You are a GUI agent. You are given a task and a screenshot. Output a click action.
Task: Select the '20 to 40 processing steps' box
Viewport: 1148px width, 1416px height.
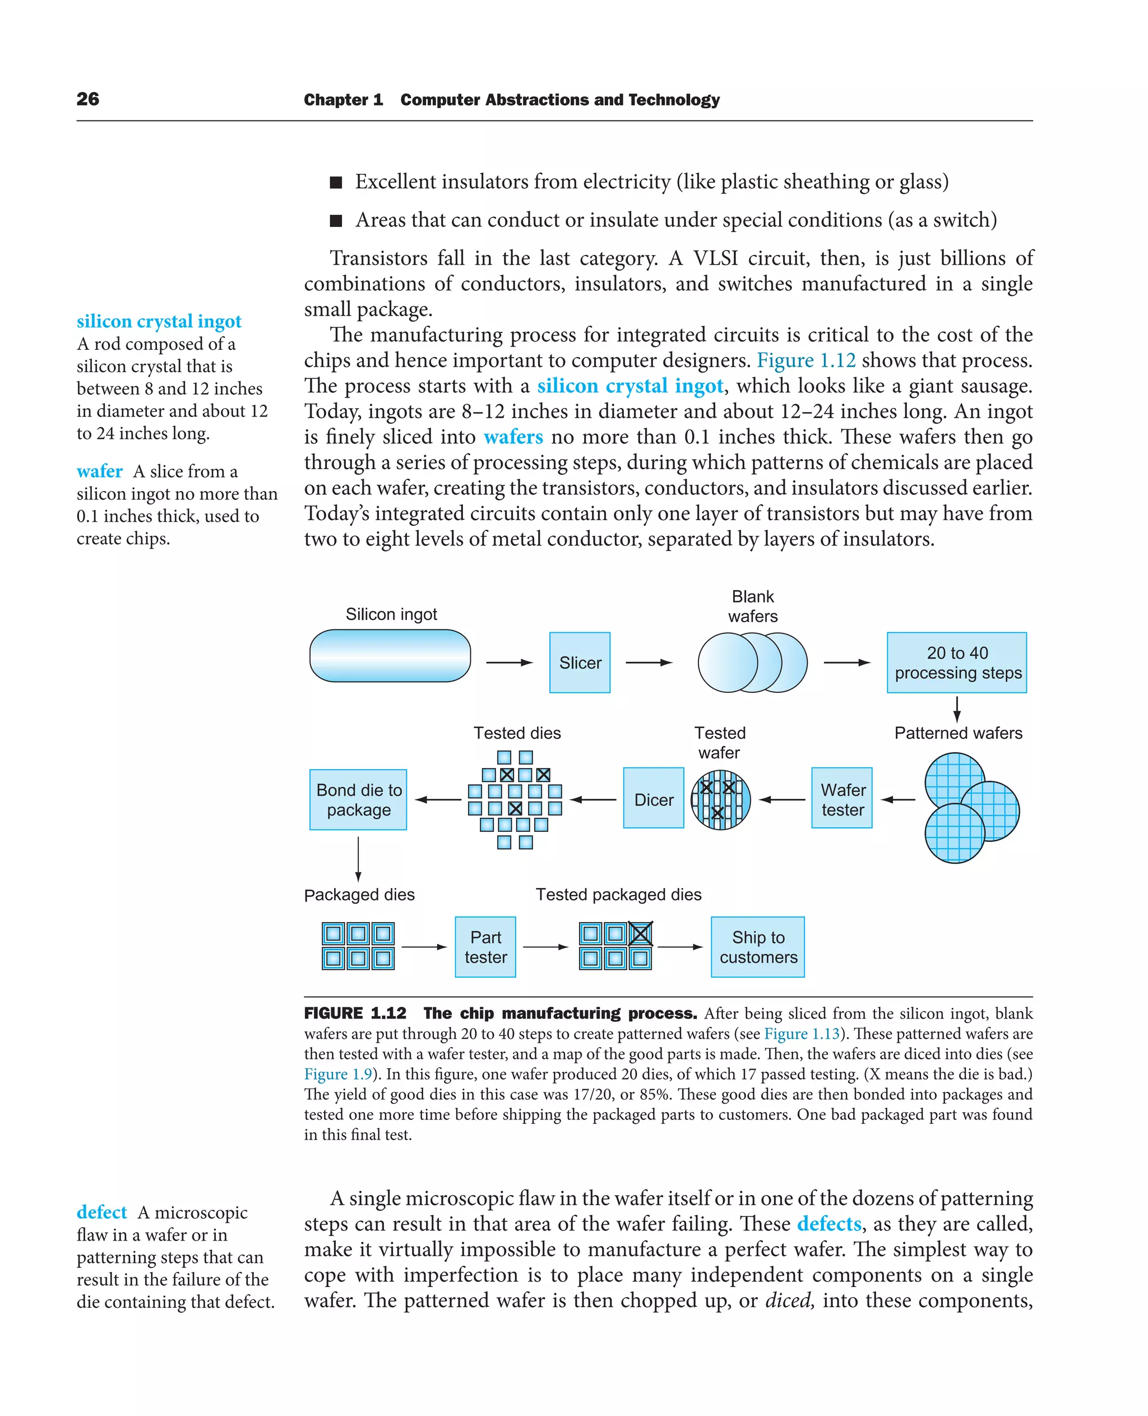tap(956, 662)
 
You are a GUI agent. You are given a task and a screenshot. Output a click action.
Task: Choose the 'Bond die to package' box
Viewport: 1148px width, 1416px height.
tap(358, 799)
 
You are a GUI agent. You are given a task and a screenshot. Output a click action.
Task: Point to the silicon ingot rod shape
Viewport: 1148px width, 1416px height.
tap(390, 655)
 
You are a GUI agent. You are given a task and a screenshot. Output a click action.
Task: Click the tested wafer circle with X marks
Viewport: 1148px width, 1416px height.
tap(721, 799)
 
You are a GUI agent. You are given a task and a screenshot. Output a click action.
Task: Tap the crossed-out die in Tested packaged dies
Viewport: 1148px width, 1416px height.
tap(640, 933)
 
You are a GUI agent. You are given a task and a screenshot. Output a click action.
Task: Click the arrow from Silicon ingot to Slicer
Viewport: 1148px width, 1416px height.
tap(509, 662)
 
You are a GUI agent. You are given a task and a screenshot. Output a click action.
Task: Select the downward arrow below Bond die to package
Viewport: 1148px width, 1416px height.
tap(358, 858)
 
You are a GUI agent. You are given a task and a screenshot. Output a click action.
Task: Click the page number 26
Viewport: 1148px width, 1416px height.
tap(88, 99)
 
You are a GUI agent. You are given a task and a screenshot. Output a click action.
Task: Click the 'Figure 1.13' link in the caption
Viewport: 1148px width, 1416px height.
tap(802, 1033)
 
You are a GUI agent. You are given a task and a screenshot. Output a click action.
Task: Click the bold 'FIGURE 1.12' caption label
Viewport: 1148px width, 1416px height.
tap(355, 1013)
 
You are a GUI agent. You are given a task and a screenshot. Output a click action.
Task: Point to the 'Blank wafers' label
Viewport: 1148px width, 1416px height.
tap(753, 606)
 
